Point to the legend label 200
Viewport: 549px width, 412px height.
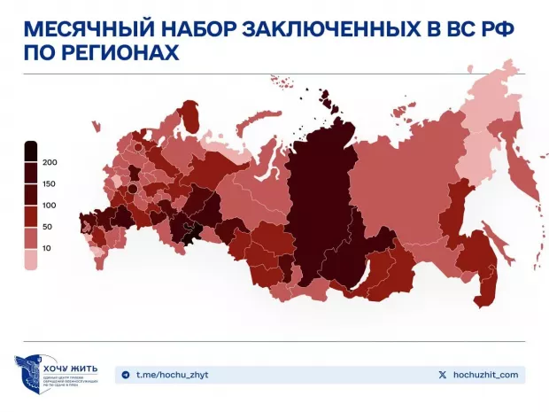click(x=50, y=162)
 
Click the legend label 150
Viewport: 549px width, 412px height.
click(x=50, y=183)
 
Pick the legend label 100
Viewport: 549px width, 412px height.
click(x=50, y=206)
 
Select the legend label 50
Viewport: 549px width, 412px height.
click(x=48, y=228)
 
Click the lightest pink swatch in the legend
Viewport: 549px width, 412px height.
click(x=31, y=260)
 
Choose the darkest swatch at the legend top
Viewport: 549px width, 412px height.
click(x=31, y=152)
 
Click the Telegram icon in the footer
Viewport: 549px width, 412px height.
click(x=125, y=375)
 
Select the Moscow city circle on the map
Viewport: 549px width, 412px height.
click(x=132, y=188)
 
